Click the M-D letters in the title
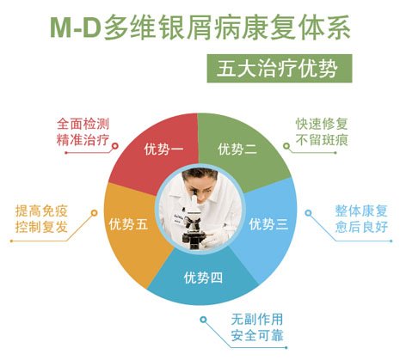tap(76, 28)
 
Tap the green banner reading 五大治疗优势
tap(280, 69)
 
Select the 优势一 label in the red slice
tap(163, 149)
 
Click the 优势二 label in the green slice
tap(237, 149)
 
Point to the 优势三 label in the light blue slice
tap(268, 224)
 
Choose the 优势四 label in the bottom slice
tap(203, 278)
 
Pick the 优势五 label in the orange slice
tap(128, 224)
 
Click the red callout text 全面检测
tap(83, 125)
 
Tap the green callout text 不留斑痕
tap(322, 140)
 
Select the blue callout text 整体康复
tap(361, 211)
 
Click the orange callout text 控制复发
tap(41, 227)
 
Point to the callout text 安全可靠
tap(257, 335)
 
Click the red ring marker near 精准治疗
tap(114, 146)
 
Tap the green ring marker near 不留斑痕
tap(286, 146)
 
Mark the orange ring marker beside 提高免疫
tap(94, 213)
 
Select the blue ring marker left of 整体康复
tap(308, 213)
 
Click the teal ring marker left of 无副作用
tap(203, 320)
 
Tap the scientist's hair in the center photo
tap(199, 174)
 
